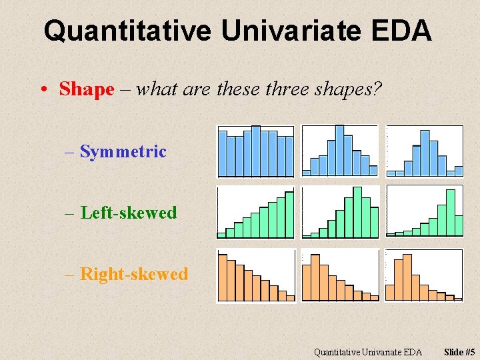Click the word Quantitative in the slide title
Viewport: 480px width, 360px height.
pos(127,31)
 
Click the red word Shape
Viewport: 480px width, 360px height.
pos(87,89)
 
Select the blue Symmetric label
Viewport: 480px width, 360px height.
pos(123,152)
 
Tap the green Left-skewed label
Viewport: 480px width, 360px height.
pos(128,213)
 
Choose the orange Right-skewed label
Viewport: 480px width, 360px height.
pos(133,274)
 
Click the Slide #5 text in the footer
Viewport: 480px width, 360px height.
pos(459,352)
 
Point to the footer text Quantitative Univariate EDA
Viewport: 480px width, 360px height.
pos(368,352)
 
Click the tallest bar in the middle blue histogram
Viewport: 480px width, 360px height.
pos(339,150)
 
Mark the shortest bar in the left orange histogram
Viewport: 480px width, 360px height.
pos(290,298)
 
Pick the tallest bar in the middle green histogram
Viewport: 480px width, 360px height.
pos(357,211)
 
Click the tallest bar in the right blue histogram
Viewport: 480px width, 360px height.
pos(425,151)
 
